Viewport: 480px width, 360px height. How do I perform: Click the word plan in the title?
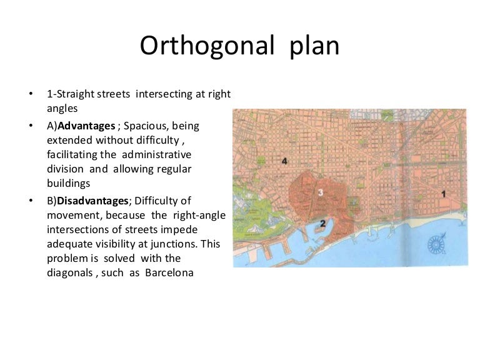coord(315,47)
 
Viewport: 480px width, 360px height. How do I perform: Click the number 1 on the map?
coord(443,194)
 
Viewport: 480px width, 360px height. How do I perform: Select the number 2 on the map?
coord(323,222)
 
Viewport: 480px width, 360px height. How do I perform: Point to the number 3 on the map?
coord(320,193)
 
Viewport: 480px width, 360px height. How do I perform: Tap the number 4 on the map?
coord(285,162)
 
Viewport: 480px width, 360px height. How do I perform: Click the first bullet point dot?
coord(29,94)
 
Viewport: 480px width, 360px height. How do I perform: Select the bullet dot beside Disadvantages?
coord(29,201)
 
